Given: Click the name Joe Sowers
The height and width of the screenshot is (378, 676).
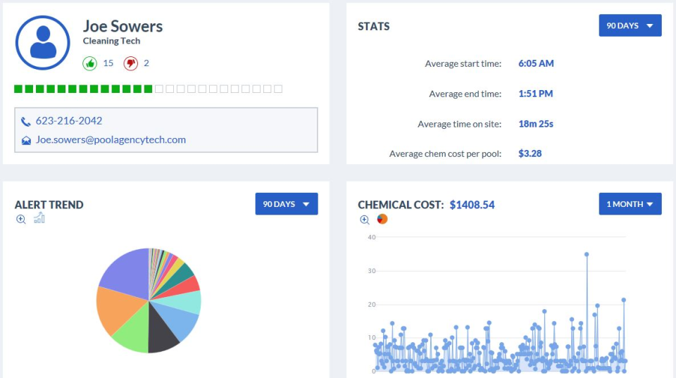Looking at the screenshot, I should pyautogui.click(x=123, y=26).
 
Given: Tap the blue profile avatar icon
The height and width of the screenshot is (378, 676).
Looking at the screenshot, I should pyautogui.click(x=43, y=43).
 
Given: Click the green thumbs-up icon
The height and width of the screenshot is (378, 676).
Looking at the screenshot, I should pyautogui.click(x=89, y=63).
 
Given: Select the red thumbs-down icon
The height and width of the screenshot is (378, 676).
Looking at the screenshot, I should pyautogui.click(x=130, y=63).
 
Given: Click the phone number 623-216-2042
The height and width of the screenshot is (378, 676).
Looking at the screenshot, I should pyautogui.click(x=68, y=121).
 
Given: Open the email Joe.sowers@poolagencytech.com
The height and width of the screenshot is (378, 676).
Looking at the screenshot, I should pyautogui.click(x=111, y=139).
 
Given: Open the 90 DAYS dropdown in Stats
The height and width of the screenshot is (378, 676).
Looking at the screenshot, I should pyautogui.click(x=630, y=26).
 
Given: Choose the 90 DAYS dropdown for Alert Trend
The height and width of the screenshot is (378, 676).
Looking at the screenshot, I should pyautogui.click(x=286, y=204).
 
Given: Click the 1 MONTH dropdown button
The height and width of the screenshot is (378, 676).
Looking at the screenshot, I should pyautogui.click(x=630, y=204).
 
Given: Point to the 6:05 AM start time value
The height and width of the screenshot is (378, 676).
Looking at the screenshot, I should pyautogui.click(x=536, y=63).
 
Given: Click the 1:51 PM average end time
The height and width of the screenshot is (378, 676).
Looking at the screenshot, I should pyautogui.click(x=535, y=94).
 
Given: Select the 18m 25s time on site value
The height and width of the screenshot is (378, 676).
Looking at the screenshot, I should pyautogui.click(x=535, y=124).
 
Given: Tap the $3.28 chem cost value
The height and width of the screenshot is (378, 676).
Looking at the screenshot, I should pyautogui.click(x=530, y=153).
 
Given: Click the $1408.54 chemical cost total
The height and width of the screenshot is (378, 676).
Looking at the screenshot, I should pyautogui.click(x=472, y=205).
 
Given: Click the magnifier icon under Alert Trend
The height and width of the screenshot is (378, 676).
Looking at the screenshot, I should pyautogui.click(x=21, y=219).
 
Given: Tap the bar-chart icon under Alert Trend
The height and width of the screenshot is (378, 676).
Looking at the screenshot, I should pyautogui.click(x=39, y=218).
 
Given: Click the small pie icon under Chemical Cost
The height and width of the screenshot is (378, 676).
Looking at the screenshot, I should pyautogui.click(x=382, y=219).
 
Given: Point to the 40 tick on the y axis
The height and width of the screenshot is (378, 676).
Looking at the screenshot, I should pyautogui.click(x=371, y=237).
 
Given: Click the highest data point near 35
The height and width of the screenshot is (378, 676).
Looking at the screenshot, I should pyautogui.click(x=587, y=254).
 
